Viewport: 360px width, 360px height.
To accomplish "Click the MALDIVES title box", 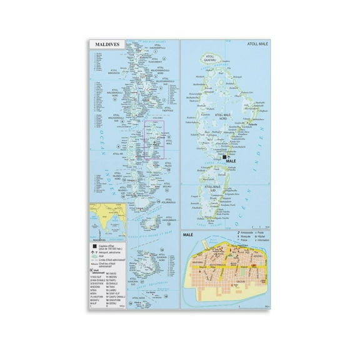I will pyautogui.click(x=105, y=45).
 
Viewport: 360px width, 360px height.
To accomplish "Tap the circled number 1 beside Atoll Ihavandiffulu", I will pyautogui.click(x=163, y=50).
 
